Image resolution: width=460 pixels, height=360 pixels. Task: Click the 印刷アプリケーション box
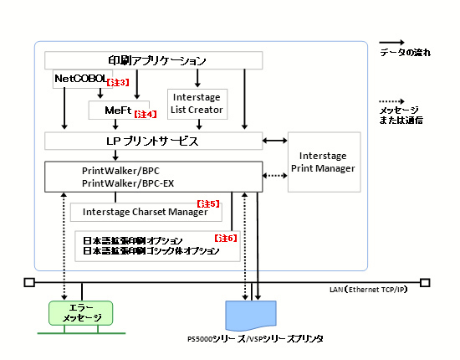coord(153,60)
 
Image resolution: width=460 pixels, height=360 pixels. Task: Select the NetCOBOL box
coord(83,79)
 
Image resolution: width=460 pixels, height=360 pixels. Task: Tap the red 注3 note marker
coord(118,83)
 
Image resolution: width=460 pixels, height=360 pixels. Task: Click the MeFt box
coord(119,111)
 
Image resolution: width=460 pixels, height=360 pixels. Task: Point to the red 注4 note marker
coord(146,114)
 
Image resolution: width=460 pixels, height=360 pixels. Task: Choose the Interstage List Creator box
coord(197,105)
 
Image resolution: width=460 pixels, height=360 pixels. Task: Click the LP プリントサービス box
coord(153,141)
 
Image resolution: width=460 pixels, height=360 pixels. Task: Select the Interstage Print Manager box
coord(325,162)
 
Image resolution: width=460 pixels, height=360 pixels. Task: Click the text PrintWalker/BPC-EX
coord(128,183)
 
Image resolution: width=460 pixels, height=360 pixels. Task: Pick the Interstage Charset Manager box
coord(146,212)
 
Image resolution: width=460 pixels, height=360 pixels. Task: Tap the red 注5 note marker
coord(208,203)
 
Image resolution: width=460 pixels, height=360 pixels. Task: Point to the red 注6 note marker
coord(225,238)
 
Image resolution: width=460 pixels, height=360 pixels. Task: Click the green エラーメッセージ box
coord(80,313)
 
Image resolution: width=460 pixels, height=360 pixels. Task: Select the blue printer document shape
coord(251,316)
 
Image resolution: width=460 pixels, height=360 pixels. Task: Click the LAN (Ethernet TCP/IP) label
coord(369,290)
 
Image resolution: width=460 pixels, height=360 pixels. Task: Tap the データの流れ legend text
coord(405,53)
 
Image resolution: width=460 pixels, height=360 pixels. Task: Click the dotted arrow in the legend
coord(391,101)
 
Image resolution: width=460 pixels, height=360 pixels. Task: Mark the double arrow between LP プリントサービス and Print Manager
coord(275,141)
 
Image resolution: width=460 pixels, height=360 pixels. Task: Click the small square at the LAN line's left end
coord(29,282)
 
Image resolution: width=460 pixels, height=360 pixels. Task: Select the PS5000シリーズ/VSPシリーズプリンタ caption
coord(255,339)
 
